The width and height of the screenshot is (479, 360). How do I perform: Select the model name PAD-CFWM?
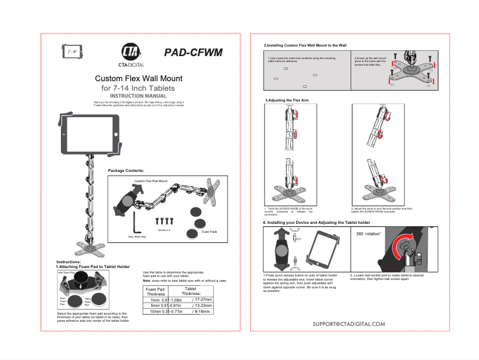(x=192, y=53)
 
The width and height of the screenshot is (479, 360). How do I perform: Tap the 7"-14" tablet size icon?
(x=73, y=52)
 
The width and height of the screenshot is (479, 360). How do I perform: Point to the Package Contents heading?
(x=126, y=171)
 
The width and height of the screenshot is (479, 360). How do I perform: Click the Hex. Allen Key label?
(x=139, y=236)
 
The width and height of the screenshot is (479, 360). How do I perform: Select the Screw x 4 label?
(x=165, y=229)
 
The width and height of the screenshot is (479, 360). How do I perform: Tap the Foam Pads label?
(x=209, y=230)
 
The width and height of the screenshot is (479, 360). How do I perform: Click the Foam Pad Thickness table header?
(x=156, y=291)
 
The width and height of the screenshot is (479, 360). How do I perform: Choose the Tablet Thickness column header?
(x=191, y=291)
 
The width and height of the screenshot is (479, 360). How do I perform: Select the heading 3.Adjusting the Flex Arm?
(x=287, y=100)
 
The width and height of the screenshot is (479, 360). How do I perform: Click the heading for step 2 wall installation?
(x=305, y=45)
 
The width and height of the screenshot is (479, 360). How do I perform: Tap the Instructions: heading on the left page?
(x=69, y=262)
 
